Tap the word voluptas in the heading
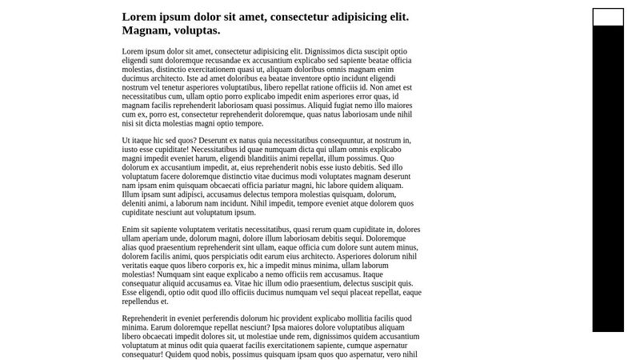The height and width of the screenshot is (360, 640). (196, 30)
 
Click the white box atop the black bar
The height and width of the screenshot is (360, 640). (608, 17)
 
